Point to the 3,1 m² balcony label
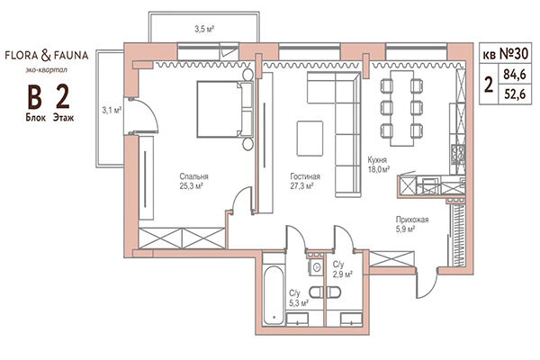coord(111,112)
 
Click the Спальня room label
coord(193,176)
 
